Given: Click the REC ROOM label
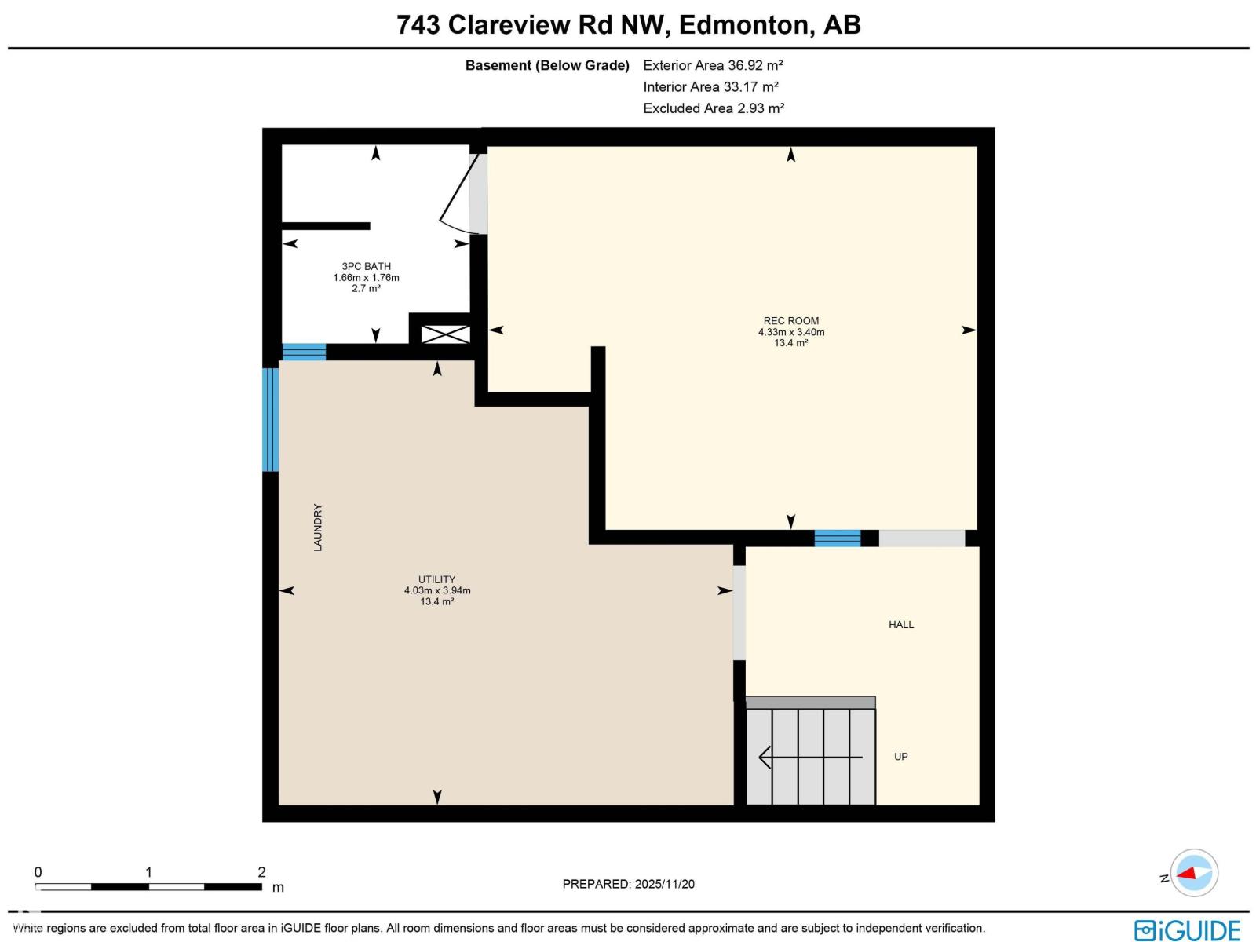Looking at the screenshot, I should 790,320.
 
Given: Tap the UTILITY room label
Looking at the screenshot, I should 436,579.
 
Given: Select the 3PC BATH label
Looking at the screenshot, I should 366,266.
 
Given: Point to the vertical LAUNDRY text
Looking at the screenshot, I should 318,528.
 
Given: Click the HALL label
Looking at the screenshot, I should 900,625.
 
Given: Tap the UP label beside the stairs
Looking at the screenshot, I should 900,757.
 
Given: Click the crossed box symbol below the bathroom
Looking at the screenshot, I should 445,334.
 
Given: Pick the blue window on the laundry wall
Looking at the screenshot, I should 270,419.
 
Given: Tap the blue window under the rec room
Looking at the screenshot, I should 837,538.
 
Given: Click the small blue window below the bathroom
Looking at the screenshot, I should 304,352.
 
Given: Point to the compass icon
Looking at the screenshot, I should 1194,873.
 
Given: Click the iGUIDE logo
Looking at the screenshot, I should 1187,929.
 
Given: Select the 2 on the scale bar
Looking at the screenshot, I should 261,872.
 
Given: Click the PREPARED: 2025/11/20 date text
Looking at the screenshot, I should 628,884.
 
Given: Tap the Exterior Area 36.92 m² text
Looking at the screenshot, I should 713,65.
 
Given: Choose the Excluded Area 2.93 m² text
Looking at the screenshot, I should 713,108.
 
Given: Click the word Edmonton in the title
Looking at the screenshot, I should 743,25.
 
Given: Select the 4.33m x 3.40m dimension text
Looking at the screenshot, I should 790,332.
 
